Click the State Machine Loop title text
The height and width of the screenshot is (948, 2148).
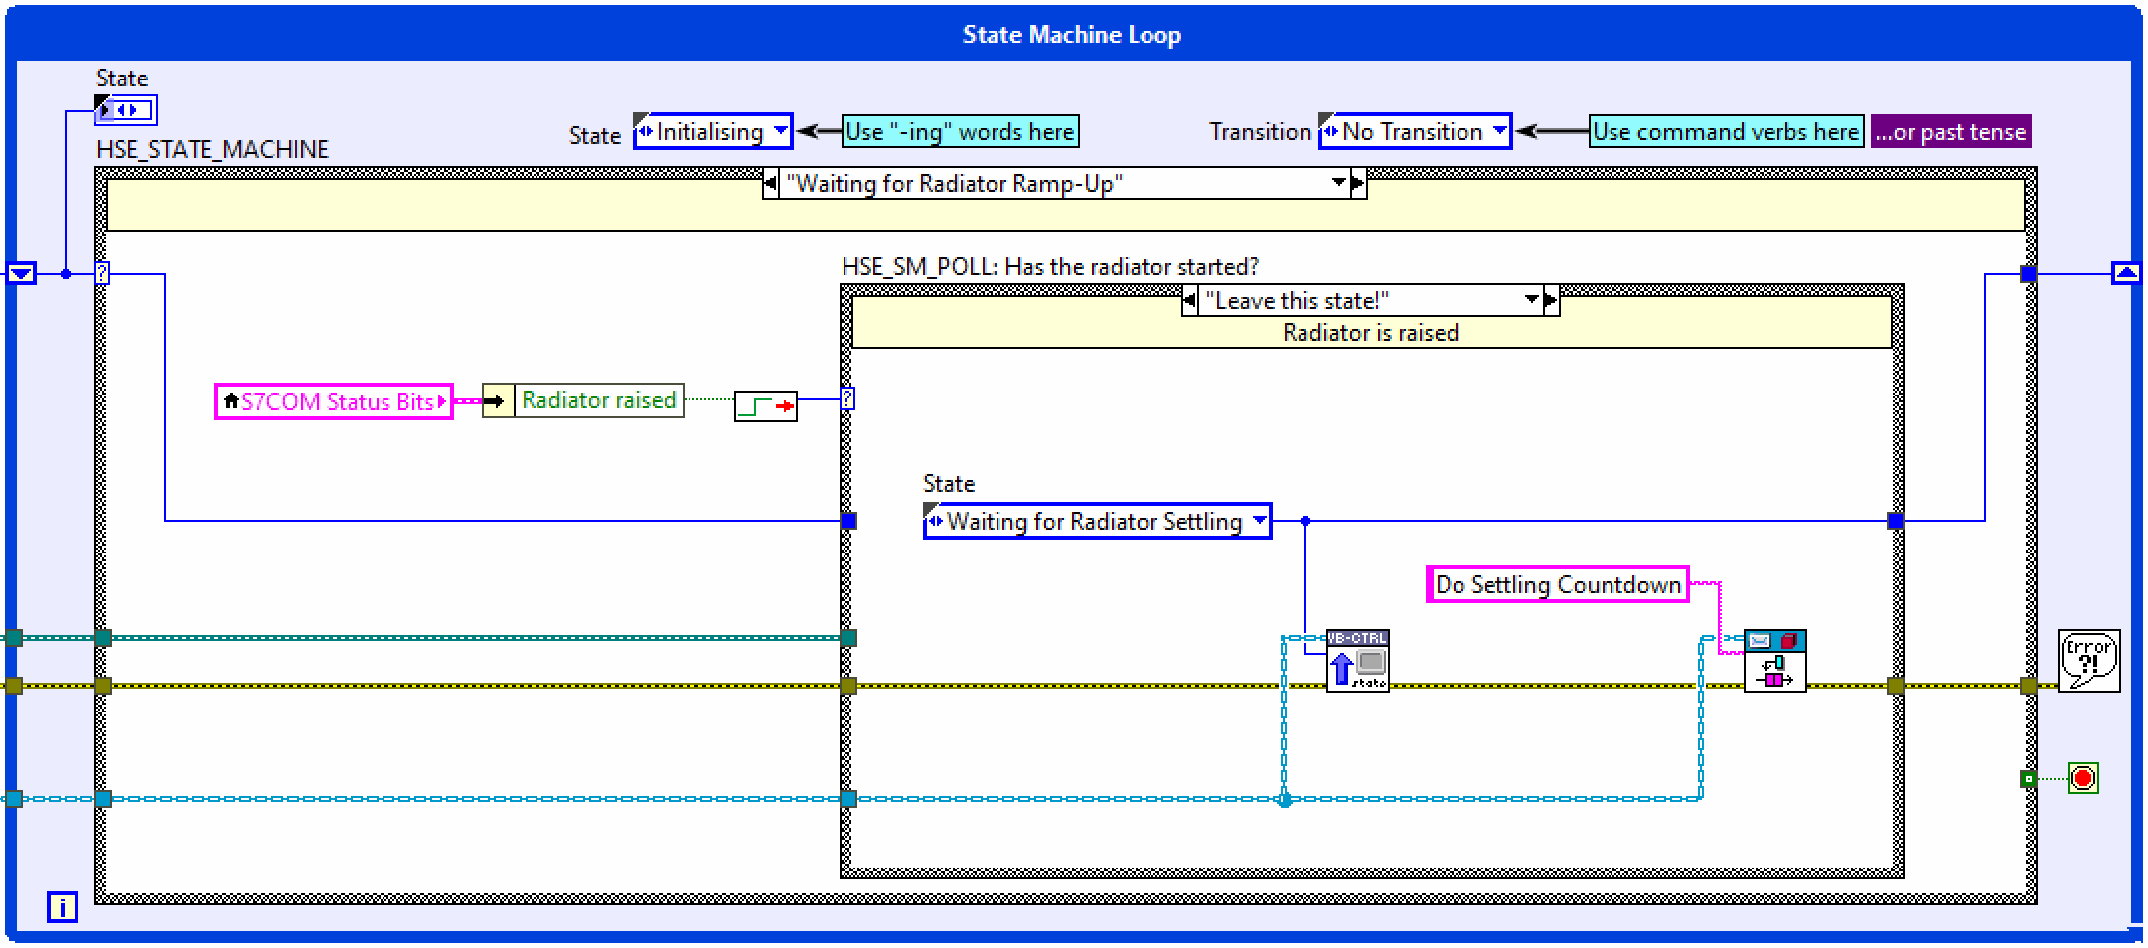point(1071,35)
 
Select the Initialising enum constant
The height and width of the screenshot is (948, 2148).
point(711,132)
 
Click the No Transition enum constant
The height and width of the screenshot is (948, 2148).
point(1413,132)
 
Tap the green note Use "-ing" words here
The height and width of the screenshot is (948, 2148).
point(960,132)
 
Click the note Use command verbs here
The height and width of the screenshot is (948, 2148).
point(1725,132)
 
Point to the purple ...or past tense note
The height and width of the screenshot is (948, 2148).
point(1950,132)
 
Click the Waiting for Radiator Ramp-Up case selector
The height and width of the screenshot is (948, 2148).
point(1058,184)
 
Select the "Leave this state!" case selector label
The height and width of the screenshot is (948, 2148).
point(1361,300)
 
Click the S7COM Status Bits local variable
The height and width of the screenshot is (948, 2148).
point(334,401)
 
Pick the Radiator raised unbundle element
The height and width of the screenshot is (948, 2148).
point(598,400)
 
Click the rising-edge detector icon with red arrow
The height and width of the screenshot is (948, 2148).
point(765,406)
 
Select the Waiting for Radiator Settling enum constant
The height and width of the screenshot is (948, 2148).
point(1096,522)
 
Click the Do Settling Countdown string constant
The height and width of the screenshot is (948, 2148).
point(1557,585)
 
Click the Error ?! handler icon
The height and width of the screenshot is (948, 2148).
point(2088,661)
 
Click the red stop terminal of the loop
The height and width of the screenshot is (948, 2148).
point(2083,778)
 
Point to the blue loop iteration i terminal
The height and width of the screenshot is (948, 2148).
point(62,907)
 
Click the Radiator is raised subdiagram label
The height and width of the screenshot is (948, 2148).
point(1370,333)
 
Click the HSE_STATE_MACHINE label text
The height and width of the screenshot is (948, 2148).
point(212,150)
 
